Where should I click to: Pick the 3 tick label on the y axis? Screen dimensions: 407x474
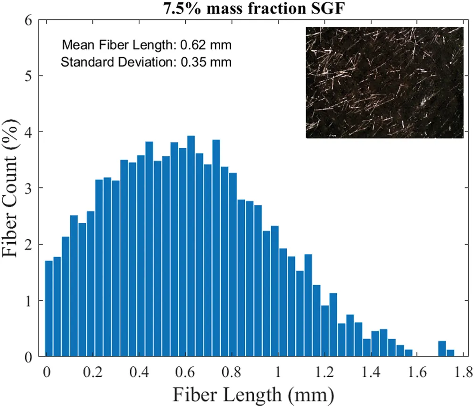coord(29,188)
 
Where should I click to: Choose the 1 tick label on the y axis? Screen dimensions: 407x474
coord(29,300)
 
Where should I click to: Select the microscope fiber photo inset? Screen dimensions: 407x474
coord(385,82)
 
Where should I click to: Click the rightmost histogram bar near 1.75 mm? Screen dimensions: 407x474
coord(450,353)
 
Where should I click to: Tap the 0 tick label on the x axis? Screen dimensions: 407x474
coord(46,369)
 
